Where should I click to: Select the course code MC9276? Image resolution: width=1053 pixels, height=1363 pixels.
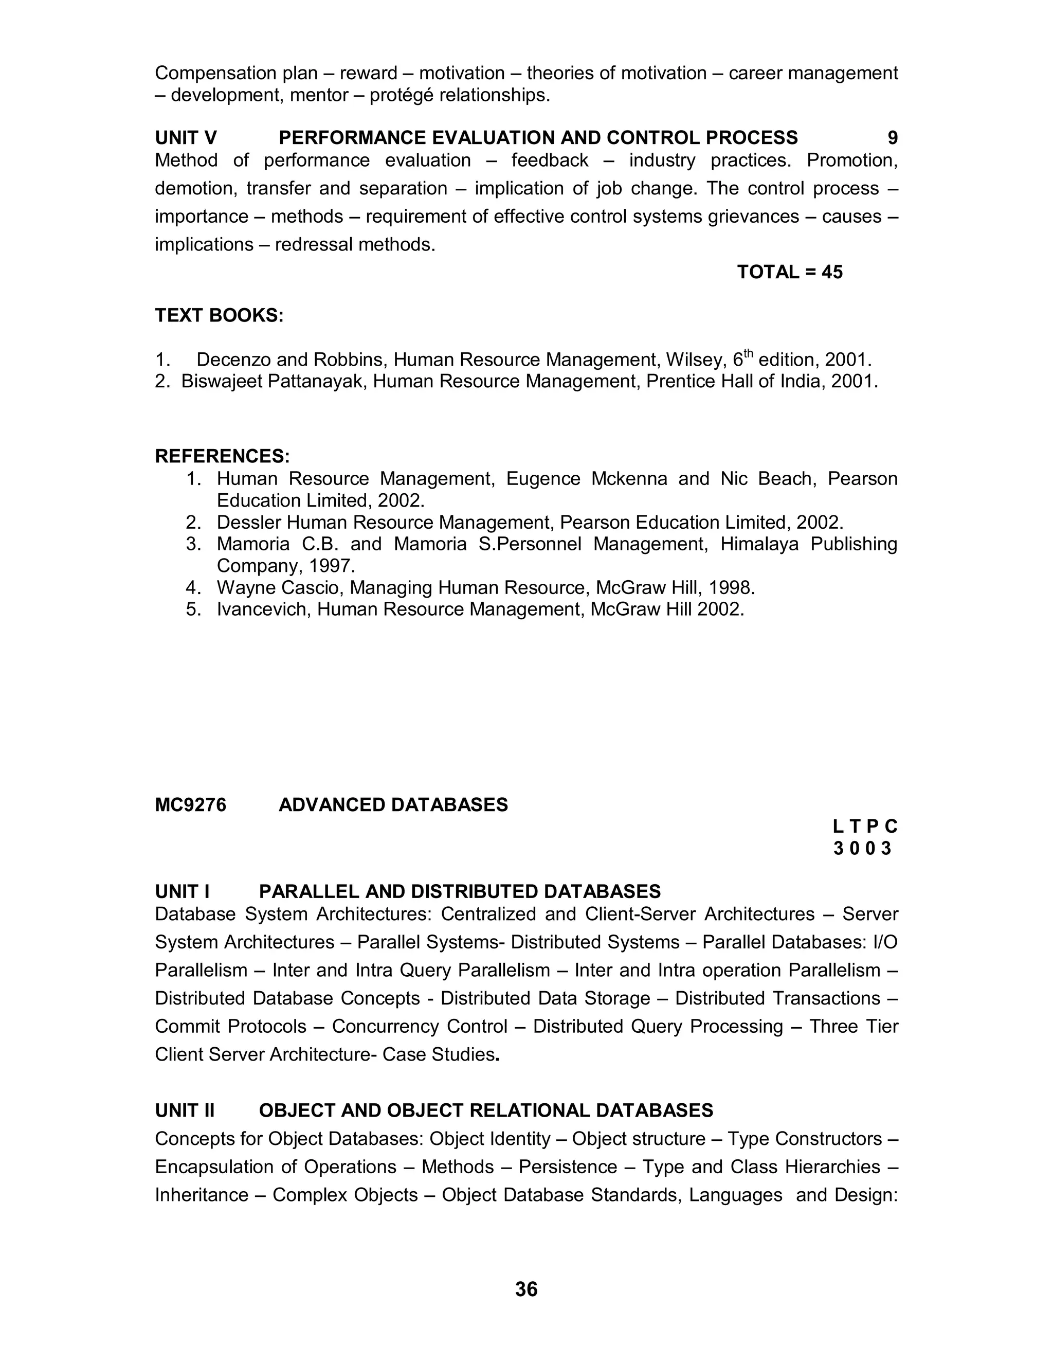click(x=190, y=805)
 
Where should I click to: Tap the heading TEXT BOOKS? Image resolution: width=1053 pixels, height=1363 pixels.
click(x=219, y=316)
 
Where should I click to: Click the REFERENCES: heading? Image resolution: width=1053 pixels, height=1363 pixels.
click(x=222, y=456)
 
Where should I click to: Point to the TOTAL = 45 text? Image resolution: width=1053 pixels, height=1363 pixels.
click(x=789, y=272)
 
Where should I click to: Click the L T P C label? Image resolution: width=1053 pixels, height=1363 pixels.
click(x=865, y=827)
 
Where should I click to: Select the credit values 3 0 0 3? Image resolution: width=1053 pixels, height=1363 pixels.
click(x=863, y=849)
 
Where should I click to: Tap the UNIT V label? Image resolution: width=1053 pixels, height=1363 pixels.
click(x=186, y=138)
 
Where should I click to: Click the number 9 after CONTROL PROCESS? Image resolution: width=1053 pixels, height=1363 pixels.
click(x=892, y=138)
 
